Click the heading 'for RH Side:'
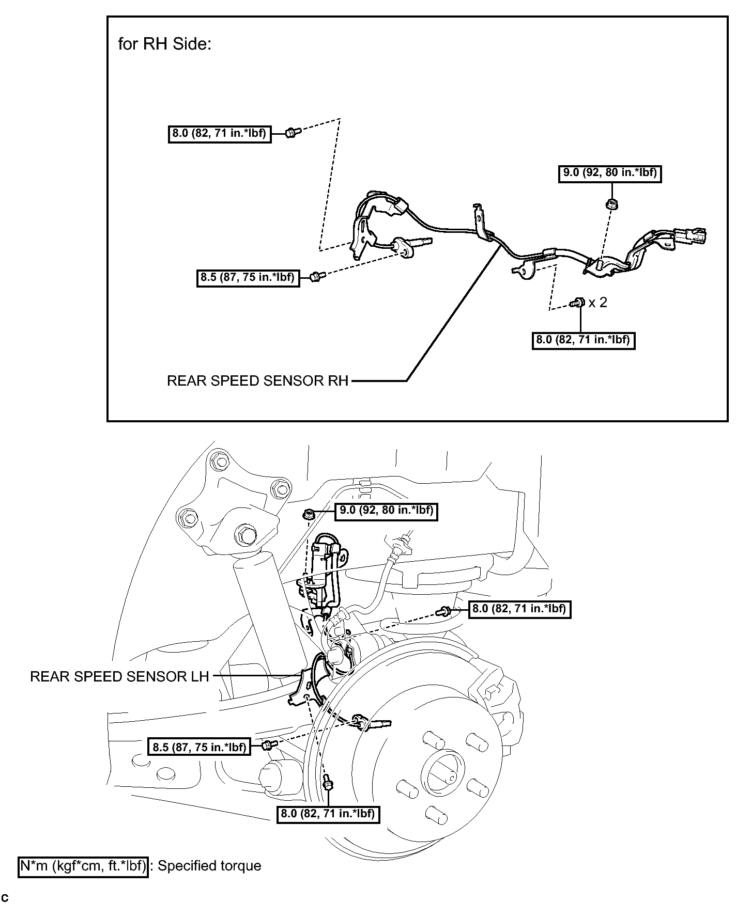coord(165,44)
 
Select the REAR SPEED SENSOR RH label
coord(258,381)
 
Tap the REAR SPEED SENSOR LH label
coord(119,676)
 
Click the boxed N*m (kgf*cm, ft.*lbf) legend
coord(83,866)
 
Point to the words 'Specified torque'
coord(209,866)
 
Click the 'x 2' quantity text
coord(598,303)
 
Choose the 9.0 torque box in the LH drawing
coord(386,511)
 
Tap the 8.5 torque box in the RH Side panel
coord(248,278)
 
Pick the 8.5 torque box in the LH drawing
coord(199,747)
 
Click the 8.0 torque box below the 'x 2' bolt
coord(584,340)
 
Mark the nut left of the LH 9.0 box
coord(309,514)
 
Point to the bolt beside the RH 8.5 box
coord(316,277)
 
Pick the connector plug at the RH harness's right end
coord(691,237)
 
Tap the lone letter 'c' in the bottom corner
coord(5,898)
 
